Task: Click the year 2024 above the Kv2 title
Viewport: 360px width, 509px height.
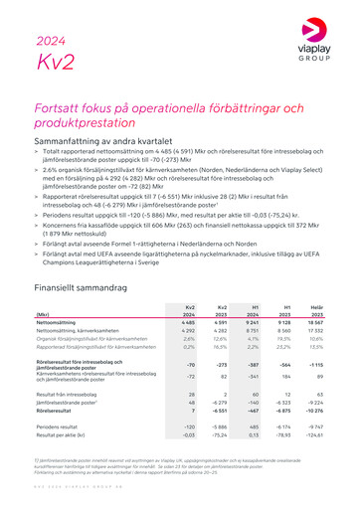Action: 51,41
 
